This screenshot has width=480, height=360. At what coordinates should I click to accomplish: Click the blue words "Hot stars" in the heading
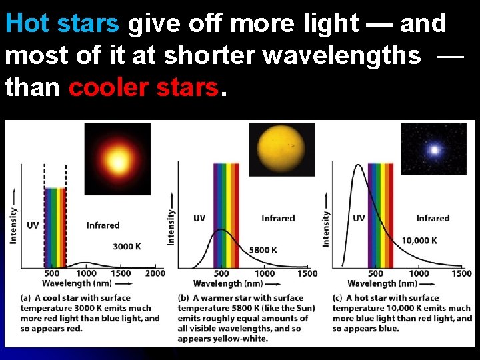tap(63, 24)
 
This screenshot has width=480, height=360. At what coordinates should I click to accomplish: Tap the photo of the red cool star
tap(118, 160)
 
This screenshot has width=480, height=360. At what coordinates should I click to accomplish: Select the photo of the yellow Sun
tap(281, 150)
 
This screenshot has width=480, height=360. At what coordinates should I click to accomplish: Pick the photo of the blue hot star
tap(433, 149)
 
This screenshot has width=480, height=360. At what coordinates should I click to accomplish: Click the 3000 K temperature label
tap(127, 246)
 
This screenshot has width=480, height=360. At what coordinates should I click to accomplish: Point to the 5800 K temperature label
tap(263, 250)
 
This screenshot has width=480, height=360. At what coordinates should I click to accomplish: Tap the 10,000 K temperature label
tap(419, 240)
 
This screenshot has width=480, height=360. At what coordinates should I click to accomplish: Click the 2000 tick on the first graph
tap(155, 273)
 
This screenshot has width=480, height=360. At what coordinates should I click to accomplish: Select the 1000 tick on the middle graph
tap(265, 273)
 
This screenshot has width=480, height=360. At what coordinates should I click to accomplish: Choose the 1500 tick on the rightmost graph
tap(461, 273)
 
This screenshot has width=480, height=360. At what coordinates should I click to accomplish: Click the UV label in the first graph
tap(33, 225)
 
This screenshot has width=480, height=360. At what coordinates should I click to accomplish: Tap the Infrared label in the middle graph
tap(278, 218)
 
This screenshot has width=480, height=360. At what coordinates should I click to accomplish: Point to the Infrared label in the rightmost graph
tap(433, 218)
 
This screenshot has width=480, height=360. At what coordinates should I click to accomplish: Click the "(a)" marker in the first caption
tap(26, 298)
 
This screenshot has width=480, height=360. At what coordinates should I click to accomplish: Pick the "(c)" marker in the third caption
tap(337, 298)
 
